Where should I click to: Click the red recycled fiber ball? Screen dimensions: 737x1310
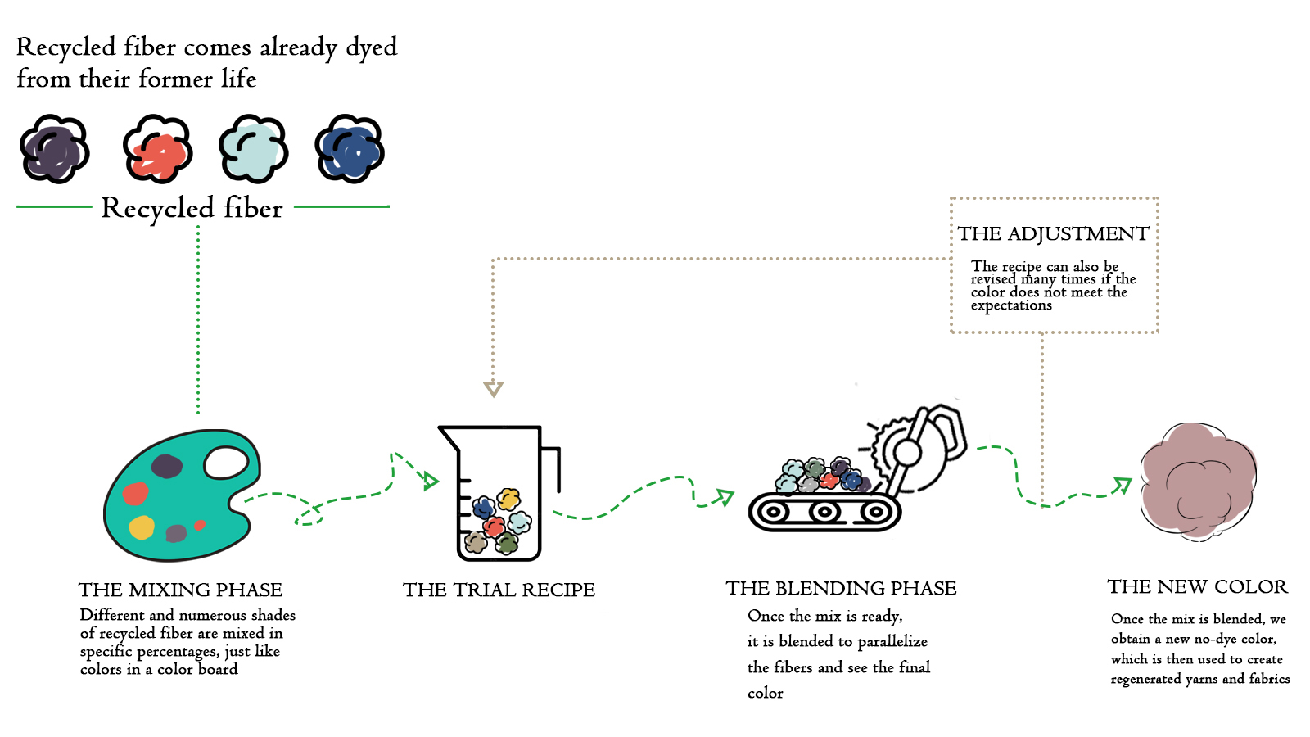coord(158,150)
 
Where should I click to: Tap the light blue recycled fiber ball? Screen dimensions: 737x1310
coord(254,149)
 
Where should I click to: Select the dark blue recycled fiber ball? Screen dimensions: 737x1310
coord(350,149)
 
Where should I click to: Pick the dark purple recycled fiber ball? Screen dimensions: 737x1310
coord(54,149)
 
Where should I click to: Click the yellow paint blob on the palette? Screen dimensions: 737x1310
coord(142,527)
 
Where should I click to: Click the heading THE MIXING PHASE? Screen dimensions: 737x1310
coord(180,590)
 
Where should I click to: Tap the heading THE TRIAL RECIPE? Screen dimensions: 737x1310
coord(499,590)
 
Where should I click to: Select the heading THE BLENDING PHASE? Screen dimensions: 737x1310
coord(841,588)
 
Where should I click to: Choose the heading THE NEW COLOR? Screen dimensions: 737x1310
coord(1197,586)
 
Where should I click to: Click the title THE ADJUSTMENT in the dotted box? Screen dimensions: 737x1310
coord(1053,233)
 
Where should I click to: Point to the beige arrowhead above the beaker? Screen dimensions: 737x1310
coord(493,388)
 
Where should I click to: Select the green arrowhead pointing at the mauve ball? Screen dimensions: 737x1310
coord(1122,486)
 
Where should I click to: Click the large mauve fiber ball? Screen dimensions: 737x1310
coord(1198,481)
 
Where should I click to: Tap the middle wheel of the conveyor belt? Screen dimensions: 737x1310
coord(824,513)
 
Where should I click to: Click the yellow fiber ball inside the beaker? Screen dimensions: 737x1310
coord(509,498)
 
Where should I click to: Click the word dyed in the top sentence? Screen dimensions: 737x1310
coord(371,47)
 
